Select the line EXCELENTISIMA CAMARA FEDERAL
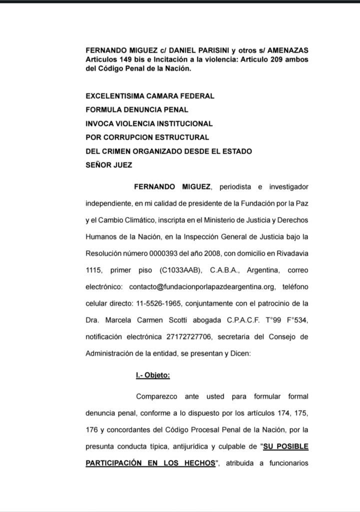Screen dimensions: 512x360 [x=150, y=95]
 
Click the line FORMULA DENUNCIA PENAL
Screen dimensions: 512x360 [x=137, y=109]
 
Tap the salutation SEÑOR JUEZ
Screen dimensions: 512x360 [x=109, y=164]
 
